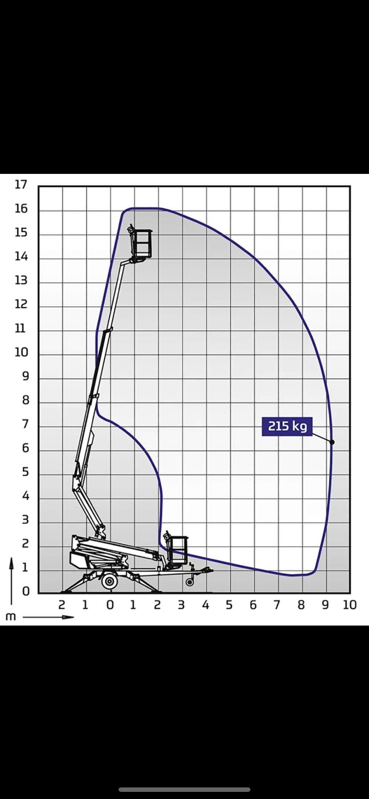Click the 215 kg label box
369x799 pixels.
tap(287, 426)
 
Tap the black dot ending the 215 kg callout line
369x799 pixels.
tap(332, 442)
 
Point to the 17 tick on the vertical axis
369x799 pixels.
tap(21, 185)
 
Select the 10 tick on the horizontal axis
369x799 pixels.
tap(350, 605)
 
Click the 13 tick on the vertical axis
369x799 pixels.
tap(21, 280)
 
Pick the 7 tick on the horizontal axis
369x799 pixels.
tap(277, 605)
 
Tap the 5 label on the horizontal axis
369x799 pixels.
tap(229, 605)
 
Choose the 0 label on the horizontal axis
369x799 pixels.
tap(110, 605)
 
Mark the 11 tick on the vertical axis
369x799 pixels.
tap(21, 329)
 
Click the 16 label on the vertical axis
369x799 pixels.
tap(21, 209)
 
